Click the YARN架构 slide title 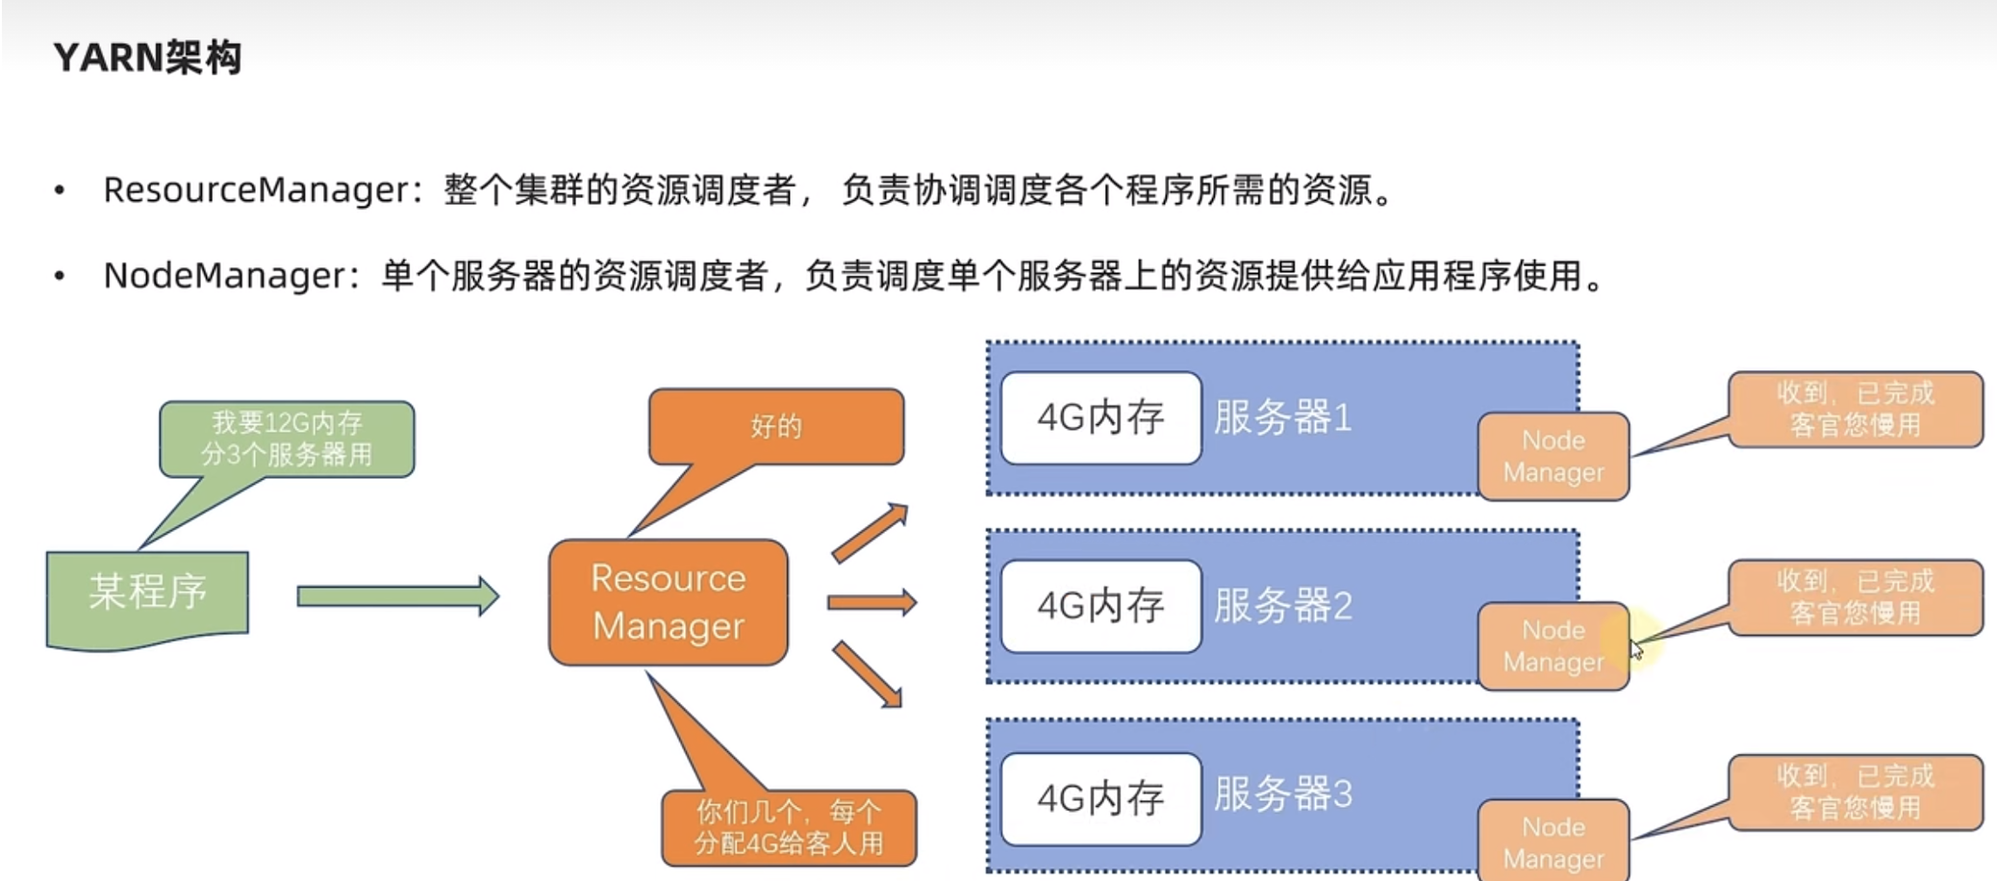tap(147, 58)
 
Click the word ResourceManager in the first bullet tap(257, 189)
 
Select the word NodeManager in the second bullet tap(224, 276)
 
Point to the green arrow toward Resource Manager tap(397, 596)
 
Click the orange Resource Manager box tap(668, 602)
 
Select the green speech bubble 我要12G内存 tap(287, 439)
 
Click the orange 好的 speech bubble tap(775, 426)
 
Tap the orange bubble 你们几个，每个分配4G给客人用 tap(788, 827)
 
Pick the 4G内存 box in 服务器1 tap(1100, 417)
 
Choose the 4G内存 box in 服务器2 tap(1100, 606)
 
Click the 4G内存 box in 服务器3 tap(1100, 798)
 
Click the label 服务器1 tap(1282, 417)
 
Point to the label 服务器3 tap(1282, 794)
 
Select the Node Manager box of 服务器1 tap(1553, 456)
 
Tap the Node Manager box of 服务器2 tap(1553, 645)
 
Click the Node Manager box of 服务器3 tap(1553, 842)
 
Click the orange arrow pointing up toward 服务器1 tap(870, 532)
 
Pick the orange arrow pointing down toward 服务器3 tap(868, 674)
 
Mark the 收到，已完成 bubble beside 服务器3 tap(1855, 792)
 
